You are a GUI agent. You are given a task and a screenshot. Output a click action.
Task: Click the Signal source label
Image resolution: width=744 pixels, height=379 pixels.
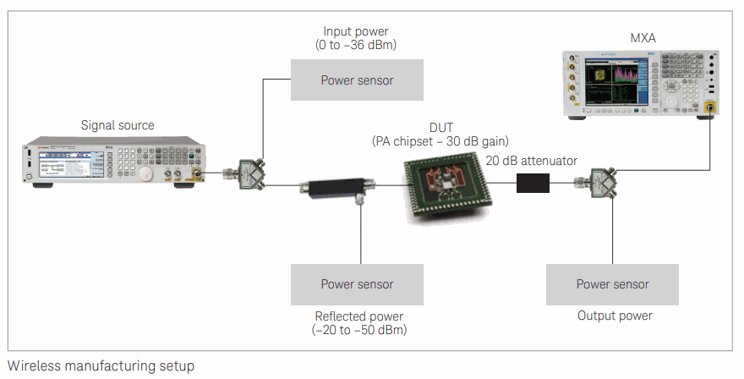point(118,126)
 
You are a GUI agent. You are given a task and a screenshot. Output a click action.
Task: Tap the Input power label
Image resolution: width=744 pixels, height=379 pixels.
point(356,32)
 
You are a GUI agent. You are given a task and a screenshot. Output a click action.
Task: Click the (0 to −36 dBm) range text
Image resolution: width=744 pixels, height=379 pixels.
point(356,45)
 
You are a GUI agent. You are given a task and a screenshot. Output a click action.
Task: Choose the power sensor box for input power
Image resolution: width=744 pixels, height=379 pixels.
point(356,80)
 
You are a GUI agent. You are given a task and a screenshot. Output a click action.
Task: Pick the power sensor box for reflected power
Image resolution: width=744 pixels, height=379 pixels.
point(356,284)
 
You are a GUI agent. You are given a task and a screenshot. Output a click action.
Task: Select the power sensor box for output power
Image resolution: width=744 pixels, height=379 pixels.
point(612,284)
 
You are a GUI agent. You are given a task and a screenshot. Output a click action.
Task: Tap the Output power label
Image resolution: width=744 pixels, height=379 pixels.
point(615,316)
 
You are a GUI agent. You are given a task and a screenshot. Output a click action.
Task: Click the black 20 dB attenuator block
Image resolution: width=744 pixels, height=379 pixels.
point(533,182)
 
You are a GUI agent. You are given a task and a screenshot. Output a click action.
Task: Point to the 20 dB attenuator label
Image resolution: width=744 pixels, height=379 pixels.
point(532,160)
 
